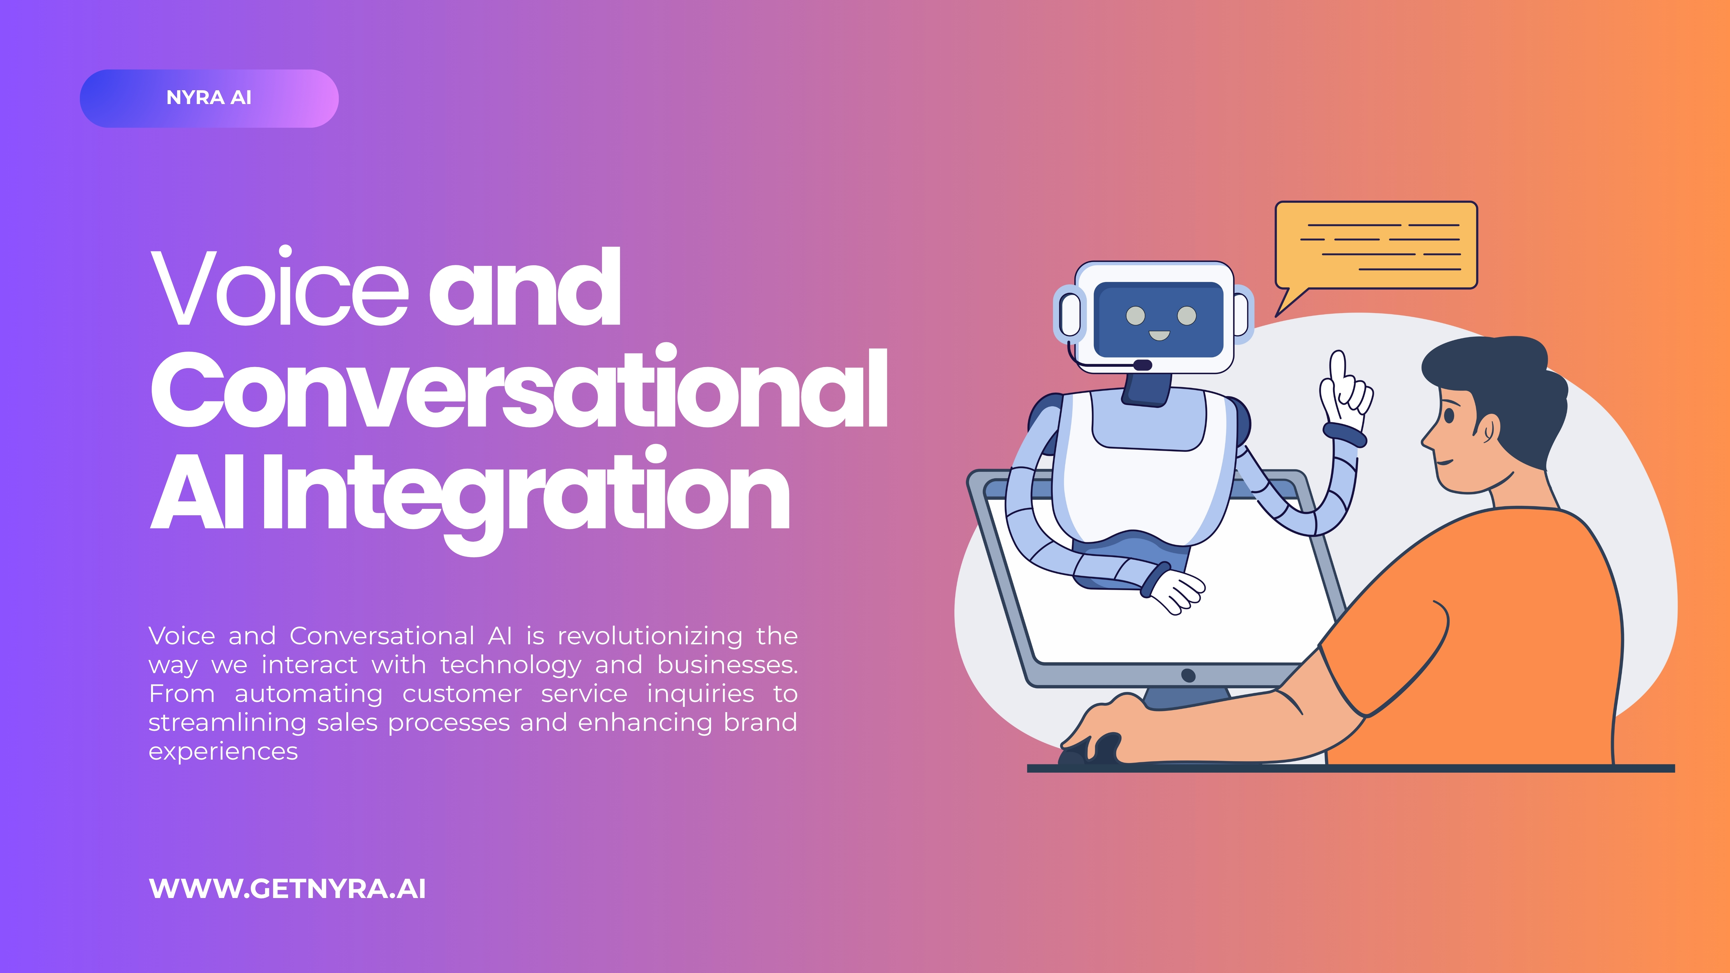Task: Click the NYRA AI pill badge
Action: [x=209, y=98]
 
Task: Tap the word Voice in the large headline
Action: [x=279, y=287]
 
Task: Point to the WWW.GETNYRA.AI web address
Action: [x=287, y=889]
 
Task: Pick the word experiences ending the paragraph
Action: [x=223, y=751]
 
